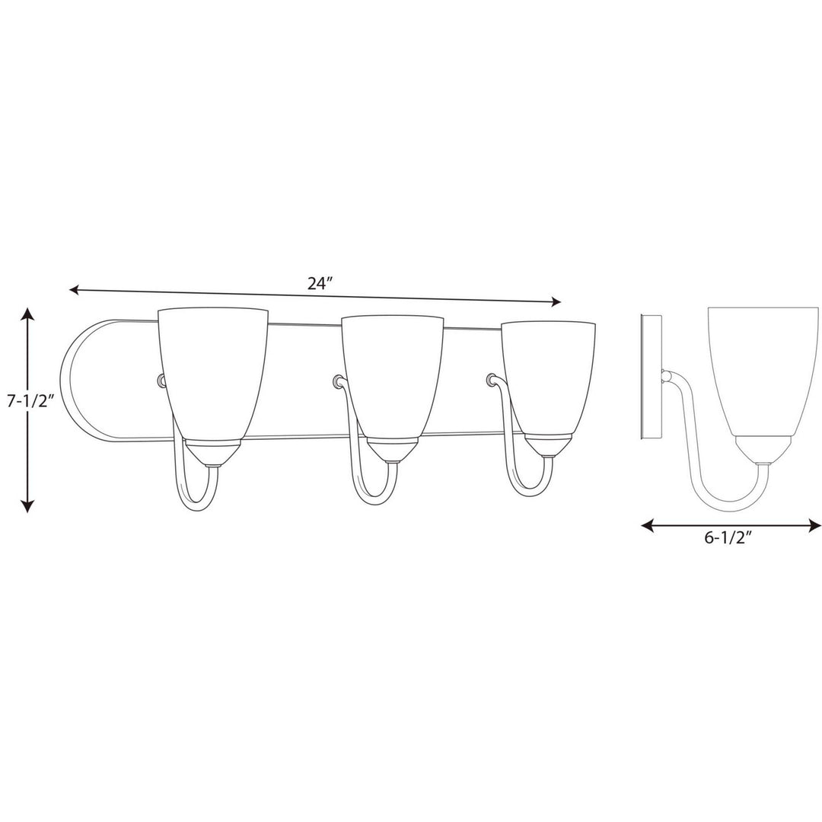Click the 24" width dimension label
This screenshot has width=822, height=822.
point(320,283)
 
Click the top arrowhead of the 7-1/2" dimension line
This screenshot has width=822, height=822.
point(27,314)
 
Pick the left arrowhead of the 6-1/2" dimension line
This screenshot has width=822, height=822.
point(647,525)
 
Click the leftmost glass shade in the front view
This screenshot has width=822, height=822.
point(213,373)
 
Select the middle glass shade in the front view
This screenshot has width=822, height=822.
point(392,377)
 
